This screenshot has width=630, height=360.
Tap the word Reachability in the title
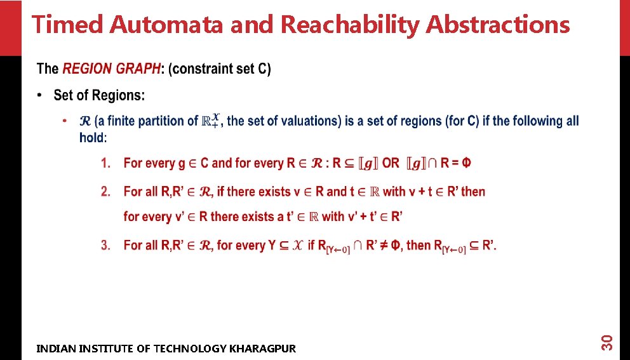(350, 25)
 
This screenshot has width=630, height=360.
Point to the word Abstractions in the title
(498, 25)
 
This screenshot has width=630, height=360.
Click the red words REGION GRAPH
(111, 69)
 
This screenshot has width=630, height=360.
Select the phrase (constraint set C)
(220, 69)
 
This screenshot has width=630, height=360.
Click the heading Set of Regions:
(99, 95)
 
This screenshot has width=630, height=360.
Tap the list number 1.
(105, 163)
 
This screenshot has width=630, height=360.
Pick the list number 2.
(105, 191)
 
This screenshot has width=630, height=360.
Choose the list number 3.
(105, 245)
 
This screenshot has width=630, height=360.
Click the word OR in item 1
(391, 163)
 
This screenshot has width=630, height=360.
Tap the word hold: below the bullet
(93, 137)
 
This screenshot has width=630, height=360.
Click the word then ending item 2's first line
(473, 191)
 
